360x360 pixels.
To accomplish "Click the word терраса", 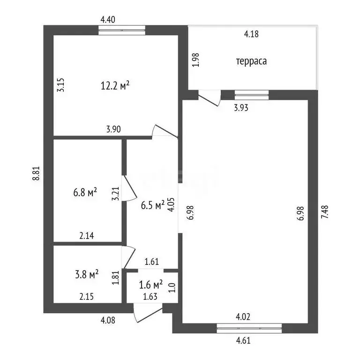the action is [251, 61].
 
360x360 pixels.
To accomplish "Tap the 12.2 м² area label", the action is [115, 86].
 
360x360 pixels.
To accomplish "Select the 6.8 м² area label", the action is [85, 192].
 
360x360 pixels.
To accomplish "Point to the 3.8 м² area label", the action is [87, 274].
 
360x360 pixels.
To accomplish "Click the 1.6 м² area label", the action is [151, 284].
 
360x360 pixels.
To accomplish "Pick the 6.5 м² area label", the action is [153, 205].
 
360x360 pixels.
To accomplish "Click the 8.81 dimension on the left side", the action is [37, 173].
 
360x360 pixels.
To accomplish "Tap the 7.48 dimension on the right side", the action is [325, 212].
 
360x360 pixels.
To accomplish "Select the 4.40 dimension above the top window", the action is [108, 20].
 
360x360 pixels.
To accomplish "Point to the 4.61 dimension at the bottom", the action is [243, 340].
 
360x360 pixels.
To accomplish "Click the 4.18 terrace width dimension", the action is [251, 34].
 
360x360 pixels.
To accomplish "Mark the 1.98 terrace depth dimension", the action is [195, 60].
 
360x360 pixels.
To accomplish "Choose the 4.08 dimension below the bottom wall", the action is [108, 320].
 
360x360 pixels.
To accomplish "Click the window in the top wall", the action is [122, 30].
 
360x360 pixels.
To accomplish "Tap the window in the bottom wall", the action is [249, 328].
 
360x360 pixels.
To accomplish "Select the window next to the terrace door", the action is [252, 95].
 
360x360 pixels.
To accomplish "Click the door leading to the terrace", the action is [210, 98].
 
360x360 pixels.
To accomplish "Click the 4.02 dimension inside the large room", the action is [243, 317].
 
